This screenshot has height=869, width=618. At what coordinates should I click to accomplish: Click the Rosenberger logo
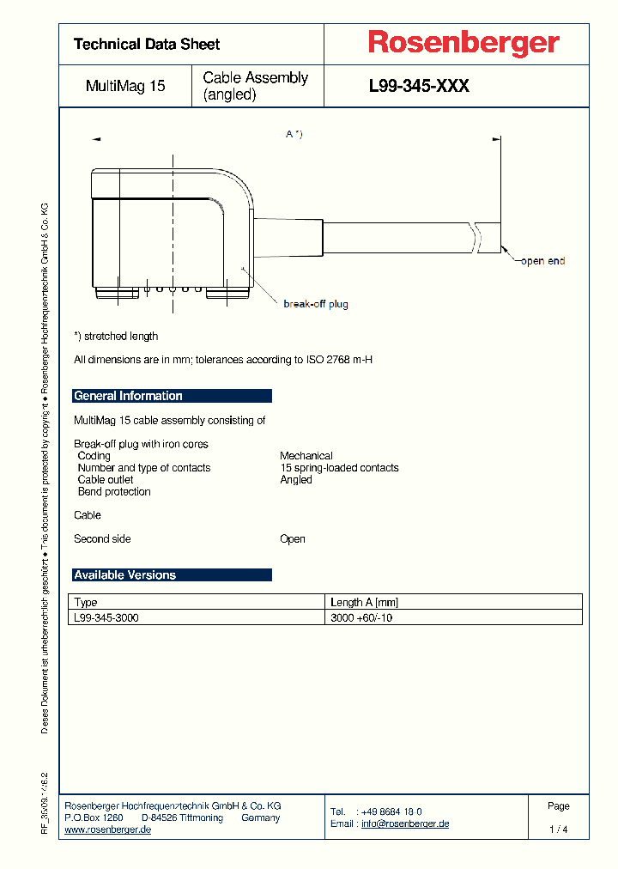[463, 43]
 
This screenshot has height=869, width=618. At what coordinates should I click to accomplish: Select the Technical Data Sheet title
[147, 44]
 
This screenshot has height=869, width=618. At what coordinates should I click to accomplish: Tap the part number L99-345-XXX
[419, 86]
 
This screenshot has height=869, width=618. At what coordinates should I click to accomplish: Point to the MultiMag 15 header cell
[125, 86]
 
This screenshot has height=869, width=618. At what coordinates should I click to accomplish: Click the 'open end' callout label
[542, 261]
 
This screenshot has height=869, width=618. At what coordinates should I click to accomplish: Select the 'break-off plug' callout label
[315, 304]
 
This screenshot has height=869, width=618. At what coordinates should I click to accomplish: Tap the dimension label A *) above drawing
[294, 134]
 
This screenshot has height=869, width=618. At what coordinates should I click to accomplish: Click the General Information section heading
[129, 396]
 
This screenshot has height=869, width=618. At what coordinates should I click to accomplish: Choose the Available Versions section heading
[125, 575]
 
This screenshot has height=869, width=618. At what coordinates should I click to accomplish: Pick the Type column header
[87, 603]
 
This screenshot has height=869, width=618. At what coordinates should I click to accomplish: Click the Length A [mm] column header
[365, 603]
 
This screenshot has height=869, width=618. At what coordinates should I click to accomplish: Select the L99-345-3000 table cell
[106, 617]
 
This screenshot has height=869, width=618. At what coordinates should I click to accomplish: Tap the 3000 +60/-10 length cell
[361, 617]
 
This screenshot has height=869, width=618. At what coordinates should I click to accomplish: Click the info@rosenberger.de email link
[405, 823]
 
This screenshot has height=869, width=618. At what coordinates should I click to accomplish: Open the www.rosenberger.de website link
[108, 829]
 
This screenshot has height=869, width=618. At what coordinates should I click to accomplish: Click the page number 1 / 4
[558, 829]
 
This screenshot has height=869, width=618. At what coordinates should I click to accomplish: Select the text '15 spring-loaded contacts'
[339, 468]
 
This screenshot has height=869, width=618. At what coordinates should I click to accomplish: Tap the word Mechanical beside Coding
[306, 456]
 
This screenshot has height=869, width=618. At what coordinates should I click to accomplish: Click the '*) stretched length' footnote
[116, 337]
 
